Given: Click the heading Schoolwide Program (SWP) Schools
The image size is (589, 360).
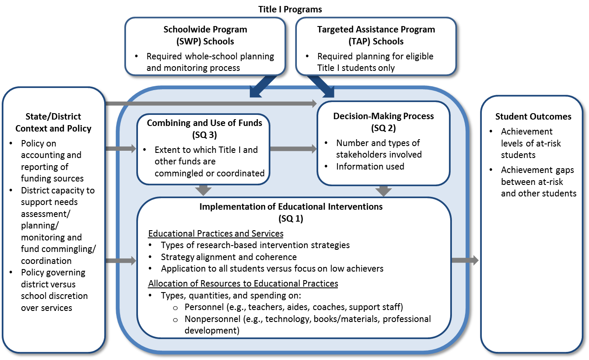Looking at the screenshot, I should [205, 35].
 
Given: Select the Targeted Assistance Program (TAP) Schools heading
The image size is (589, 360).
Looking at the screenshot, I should [376, 35].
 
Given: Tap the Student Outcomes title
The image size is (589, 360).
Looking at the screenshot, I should [533, 117].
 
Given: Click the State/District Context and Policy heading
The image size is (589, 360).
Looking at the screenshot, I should [53, 122].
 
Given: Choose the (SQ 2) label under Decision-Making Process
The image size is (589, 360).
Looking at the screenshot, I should [383, 127].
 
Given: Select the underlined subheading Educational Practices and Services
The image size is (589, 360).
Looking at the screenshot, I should [216, 234].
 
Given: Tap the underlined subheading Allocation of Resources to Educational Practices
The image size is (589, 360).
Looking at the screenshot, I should [243, 284].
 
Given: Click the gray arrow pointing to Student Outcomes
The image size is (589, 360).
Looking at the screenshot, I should [465, 260].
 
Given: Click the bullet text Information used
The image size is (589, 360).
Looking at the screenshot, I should [370, 167].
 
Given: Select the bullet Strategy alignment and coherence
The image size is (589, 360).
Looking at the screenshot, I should [229, 257].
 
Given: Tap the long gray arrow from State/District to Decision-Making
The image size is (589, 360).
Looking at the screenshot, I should [211, 103].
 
